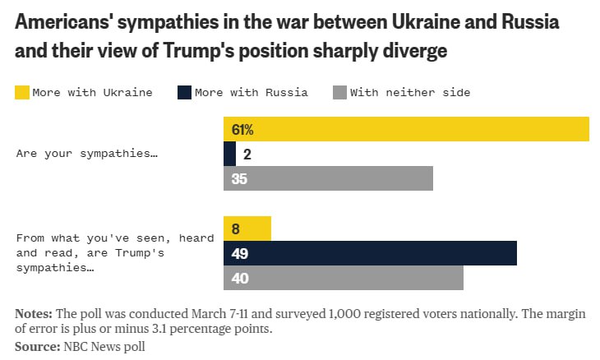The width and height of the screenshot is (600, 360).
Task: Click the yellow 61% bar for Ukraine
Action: [406, 130]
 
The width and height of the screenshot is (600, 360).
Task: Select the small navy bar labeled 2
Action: [229, 154]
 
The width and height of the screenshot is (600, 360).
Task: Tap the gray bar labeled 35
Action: [328, 178]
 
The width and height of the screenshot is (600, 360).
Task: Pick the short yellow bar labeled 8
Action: [247, 228]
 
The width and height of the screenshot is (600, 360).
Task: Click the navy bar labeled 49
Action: [370, 253]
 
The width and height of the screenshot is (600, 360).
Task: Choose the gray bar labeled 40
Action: [344, 278]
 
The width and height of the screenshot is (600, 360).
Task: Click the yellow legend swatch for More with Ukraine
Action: [21, 92]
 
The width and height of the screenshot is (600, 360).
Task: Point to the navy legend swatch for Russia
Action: [184, 92]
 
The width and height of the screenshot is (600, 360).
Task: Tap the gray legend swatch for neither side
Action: [339, 92]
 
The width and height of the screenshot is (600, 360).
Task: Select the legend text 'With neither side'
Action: [410, 92]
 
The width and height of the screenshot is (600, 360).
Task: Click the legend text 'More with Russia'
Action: [252, 92]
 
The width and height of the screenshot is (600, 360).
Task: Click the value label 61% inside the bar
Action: [242, 130]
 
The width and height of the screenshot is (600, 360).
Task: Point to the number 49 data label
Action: [240, 253]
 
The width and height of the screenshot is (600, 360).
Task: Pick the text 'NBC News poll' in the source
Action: [104, 347]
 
